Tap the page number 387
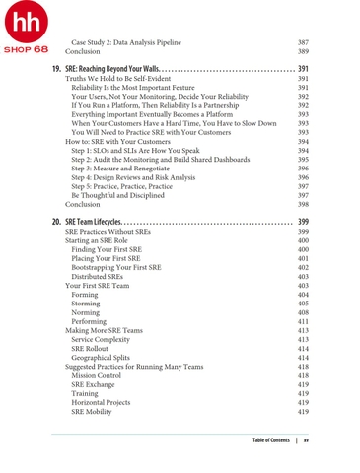[303, 42]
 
